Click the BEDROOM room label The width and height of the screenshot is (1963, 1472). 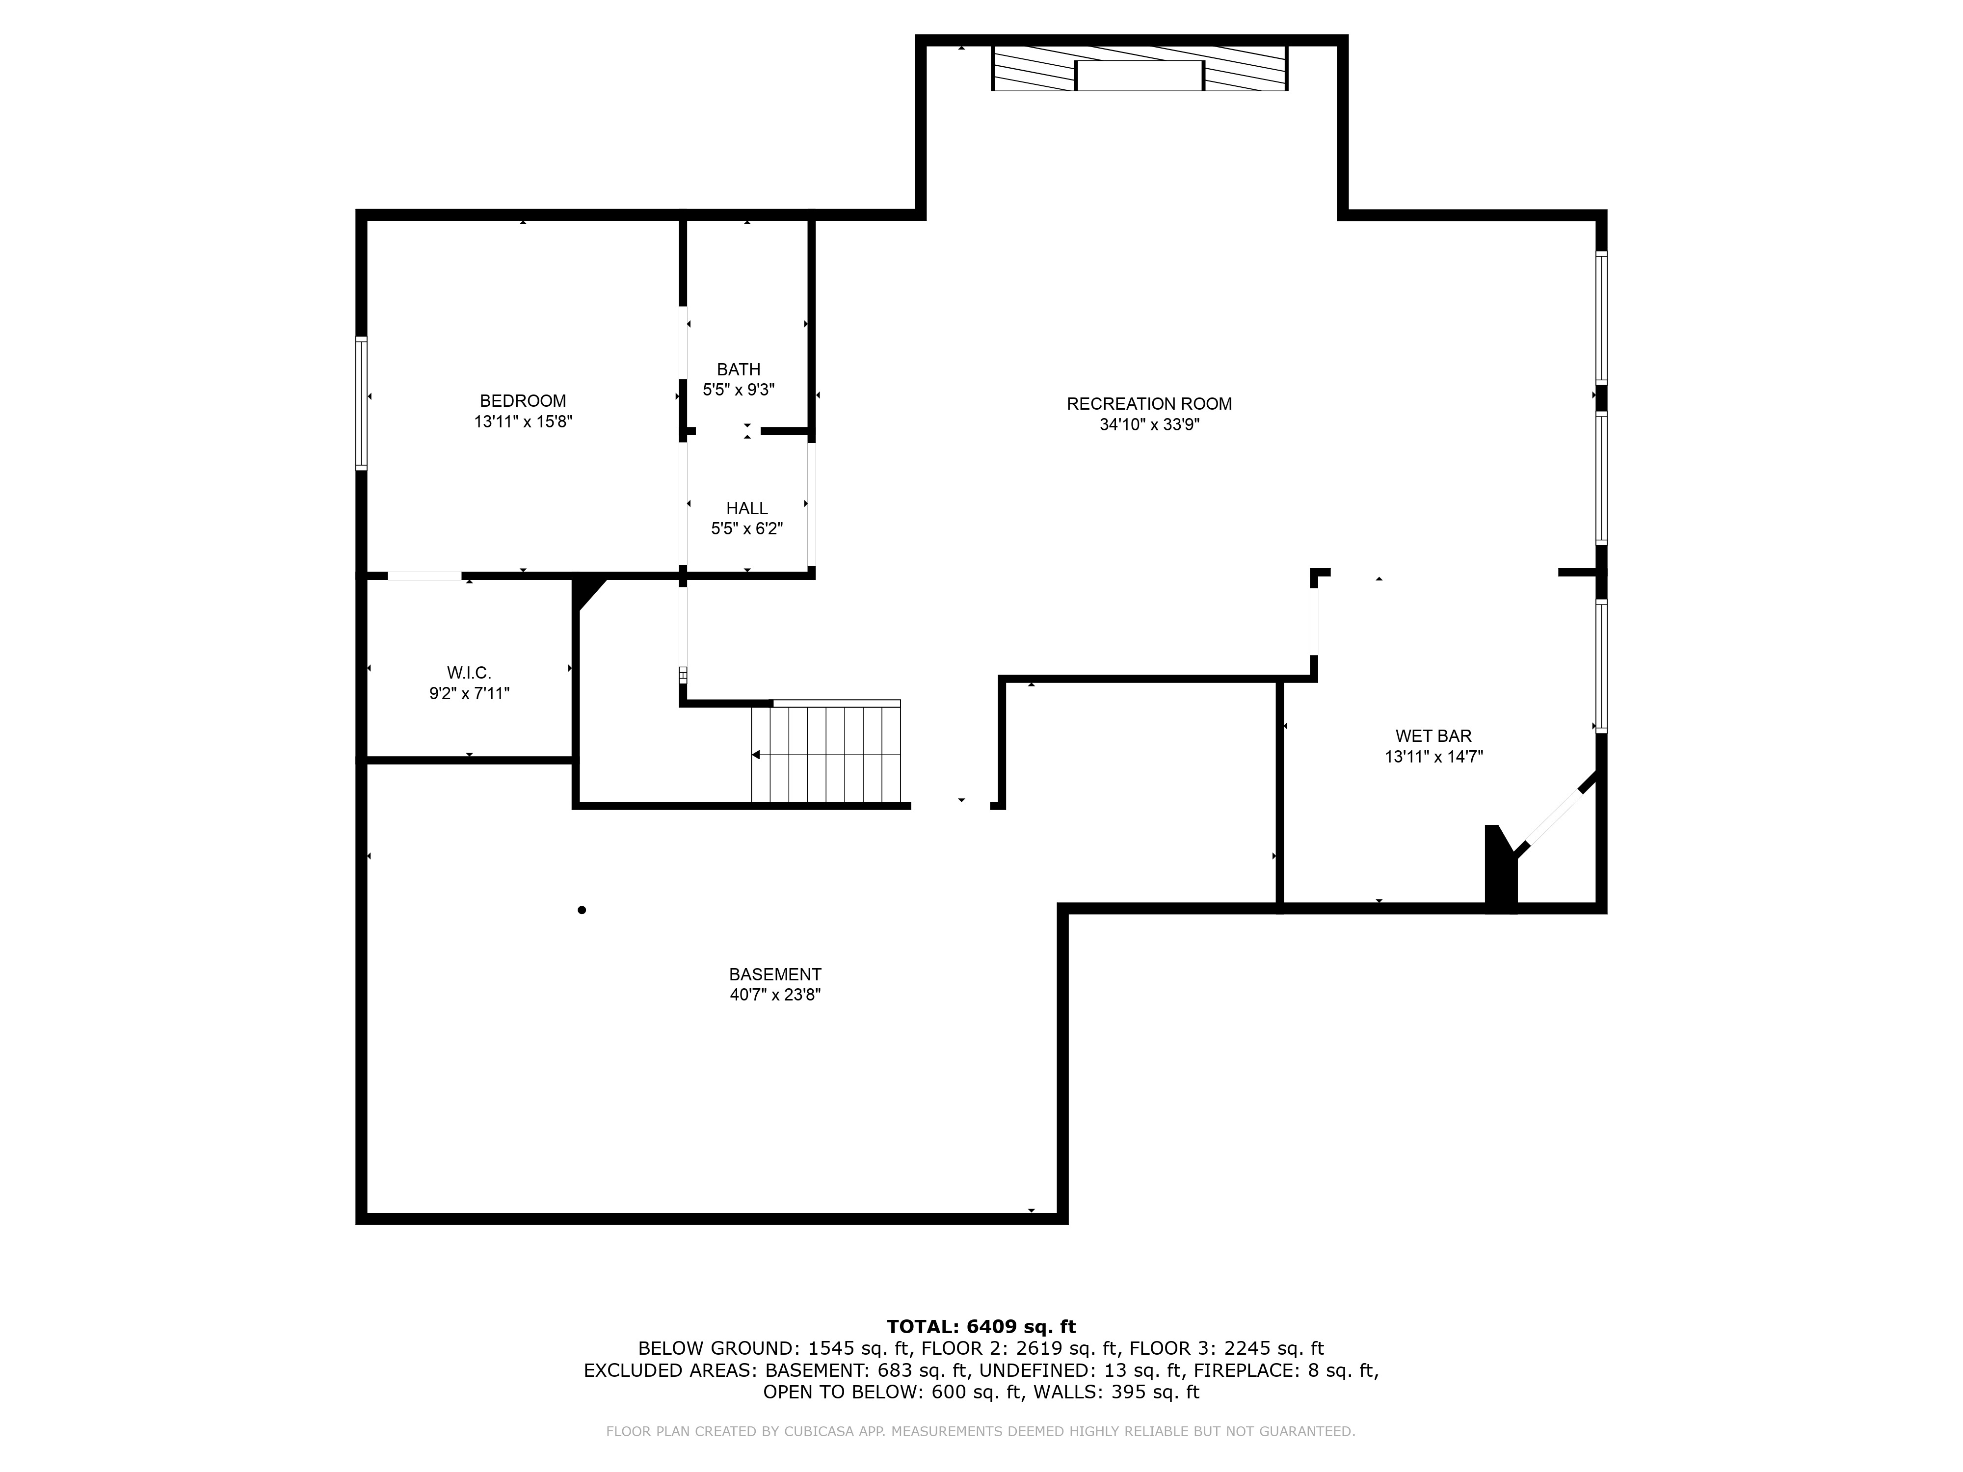click(x=523, y=401)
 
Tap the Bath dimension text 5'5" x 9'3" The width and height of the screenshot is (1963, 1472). click(x=739, y=390)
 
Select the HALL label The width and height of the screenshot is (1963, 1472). click(x=746, y=508)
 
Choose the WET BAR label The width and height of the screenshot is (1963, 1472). click(x=1433, y=736)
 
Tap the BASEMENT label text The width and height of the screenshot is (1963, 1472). click(x=775, y=974)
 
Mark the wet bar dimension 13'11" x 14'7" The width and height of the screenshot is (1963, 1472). click(x=1433, y=757)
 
